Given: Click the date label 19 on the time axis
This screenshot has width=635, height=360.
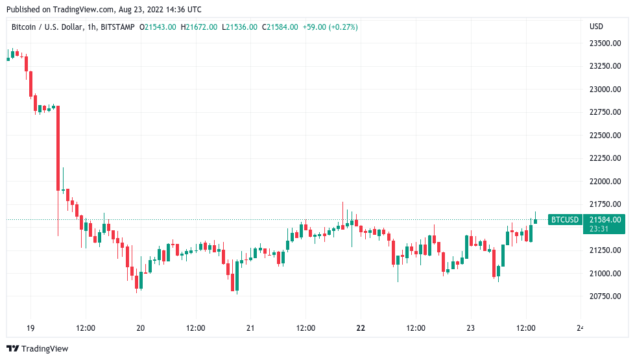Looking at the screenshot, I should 30,328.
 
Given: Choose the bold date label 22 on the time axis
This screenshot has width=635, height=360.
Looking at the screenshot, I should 361,328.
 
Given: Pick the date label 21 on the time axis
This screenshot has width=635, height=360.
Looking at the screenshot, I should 250,328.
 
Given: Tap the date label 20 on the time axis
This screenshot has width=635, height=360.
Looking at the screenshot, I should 141,328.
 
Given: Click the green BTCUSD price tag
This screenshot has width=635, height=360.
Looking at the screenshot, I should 564,220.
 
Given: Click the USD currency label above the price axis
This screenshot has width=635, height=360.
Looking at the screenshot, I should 596,27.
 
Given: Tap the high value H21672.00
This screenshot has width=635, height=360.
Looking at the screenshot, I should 200,27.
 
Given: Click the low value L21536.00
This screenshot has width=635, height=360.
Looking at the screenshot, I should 239,27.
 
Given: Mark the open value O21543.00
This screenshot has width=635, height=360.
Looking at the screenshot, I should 159,27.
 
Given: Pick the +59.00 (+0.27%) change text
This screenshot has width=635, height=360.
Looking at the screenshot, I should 329,27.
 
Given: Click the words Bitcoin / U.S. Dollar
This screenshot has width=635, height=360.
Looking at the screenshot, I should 49,27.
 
